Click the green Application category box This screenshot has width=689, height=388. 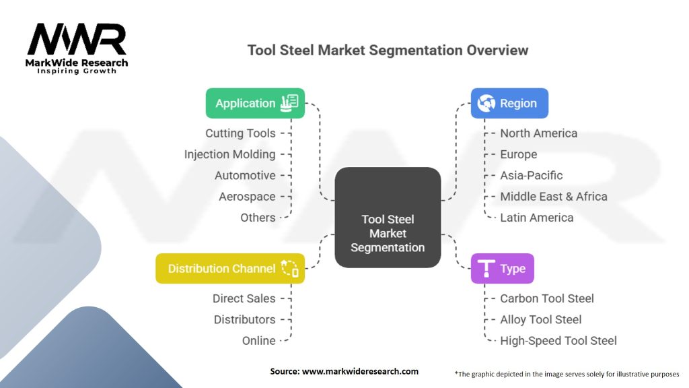coord(255,103)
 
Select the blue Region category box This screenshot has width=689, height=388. coord(509,103)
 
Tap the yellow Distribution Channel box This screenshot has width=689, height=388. coord(230,268)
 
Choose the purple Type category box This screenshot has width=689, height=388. coord(502,268)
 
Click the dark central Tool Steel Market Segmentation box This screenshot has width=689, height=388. coord(388,218)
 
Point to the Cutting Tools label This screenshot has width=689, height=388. coord(240,133)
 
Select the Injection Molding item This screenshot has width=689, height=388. coord(230,154)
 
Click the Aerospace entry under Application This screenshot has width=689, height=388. coord(247,197)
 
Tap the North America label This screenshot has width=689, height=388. coord(539,133)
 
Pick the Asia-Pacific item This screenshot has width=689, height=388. coord(532,176)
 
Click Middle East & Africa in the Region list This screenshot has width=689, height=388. coord(554,197)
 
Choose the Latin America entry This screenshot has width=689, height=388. coord(536,218)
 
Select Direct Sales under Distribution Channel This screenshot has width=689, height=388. coord(244,298)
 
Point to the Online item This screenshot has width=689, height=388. coord(259,341)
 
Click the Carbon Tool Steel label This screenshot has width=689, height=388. coord(546,298)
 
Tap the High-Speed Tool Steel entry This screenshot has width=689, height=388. coord(558,341)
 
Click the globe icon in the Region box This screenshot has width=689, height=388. coord(486,103)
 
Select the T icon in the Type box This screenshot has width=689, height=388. coord(486,268)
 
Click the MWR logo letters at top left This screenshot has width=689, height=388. coord(77,39)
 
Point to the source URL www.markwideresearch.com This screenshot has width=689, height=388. coord(360,371)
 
